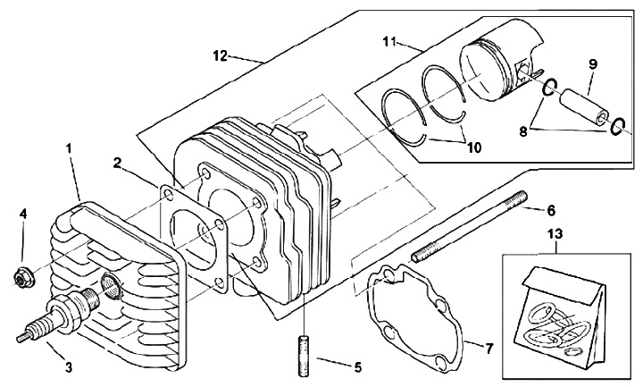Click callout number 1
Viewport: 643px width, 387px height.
[x=69, y=147]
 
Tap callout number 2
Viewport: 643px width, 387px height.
[x=117, y=164]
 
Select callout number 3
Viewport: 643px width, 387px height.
[x=69, y=367]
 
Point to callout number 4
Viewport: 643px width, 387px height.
[x=24, y=214]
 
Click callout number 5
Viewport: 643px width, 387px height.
[x=357, y=367]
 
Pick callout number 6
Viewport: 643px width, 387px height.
[x=551, y=211]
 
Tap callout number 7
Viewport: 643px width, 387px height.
[x=489, y=349]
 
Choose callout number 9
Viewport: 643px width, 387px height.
[x=593, y=63]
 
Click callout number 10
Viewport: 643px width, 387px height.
[x=473, y=147]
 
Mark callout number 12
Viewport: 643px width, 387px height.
[x=221, y=56]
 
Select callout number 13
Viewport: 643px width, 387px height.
[x=555, y=234]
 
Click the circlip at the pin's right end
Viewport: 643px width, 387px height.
[x=618, y=127]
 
